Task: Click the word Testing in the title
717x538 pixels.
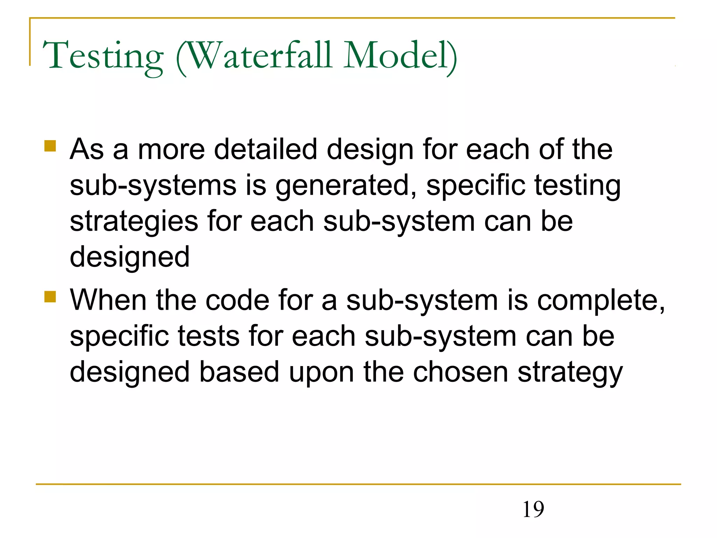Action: pos(103,56)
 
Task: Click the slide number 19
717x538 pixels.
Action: pos(533,509)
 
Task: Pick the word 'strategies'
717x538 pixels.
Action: pos(134,222)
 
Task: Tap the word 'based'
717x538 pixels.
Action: pos(239,372)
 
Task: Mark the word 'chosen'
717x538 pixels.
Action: pos(460,372)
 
